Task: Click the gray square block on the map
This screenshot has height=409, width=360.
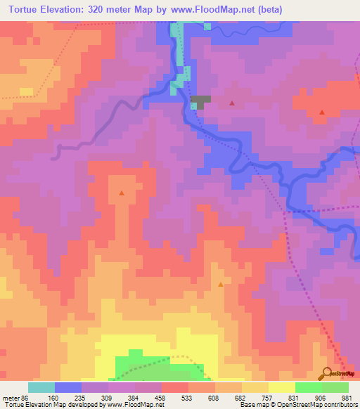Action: pos(201,101)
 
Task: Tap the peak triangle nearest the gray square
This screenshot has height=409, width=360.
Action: pos(232,103)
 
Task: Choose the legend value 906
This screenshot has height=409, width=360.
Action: pos(321,397)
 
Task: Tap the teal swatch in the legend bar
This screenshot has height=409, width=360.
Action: pos(41,387)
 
